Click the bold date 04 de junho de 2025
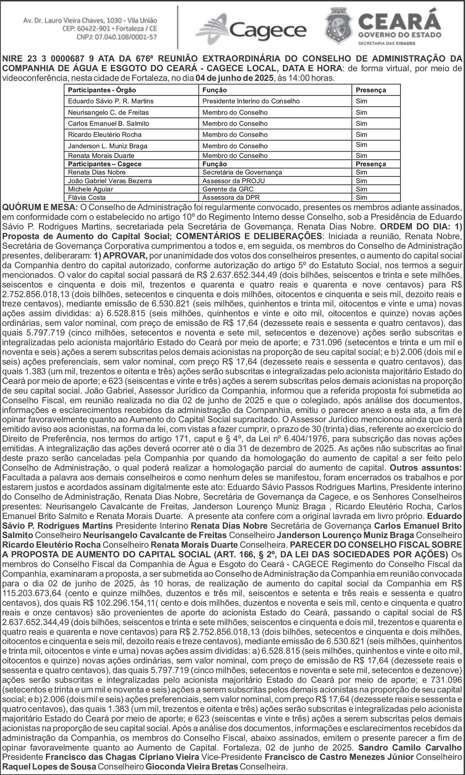234,78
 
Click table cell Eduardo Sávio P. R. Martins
111,101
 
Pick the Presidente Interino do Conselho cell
251,101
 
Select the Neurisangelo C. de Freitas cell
108,112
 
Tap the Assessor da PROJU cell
234,181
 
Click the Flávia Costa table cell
87,197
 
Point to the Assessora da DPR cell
231,197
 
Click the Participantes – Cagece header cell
105,164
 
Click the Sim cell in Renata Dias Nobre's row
361,172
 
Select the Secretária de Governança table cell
242,172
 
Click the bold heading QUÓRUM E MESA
40,207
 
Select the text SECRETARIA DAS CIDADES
387,44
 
